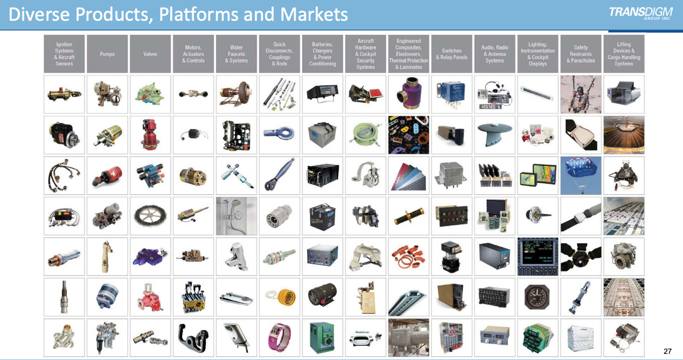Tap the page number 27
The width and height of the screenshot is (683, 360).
pos(667,351)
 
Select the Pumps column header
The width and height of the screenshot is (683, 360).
pos(107,54)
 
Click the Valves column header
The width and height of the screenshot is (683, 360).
pos(150,54)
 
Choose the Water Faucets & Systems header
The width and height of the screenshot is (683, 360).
pos(236,54)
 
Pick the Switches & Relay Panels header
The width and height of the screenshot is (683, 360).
pos(451,54)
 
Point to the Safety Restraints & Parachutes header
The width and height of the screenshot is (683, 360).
pos(581,54)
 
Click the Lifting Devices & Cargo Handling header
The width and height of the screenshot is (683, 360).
pos(624,54)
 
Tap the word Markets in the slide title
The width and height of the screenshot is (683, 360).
pos(314,14)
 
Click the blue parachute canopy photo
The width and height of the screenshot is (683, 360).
pos(581,175)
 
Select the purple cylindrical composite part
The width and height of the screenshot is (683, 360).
pos(408,94)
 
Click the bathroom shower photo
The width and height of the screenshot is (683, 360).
pos(236,216)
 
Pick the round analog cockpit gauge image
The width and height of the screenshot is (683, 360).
pos(537,297)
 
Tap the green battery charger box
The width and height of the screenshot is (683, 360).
pos(322,338)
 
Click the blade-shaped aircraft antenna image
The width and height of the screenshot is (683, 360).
pos(494,135)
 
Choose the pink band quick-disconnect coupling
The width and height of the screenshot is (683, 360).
pos(279,338)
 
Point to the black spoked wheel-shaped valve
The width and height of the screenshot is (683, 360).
pos(150,216)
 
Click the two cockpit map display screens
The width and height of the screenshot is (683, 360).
pos(537,175)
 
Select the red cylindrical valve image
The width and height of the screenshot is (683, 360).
pos(150,135)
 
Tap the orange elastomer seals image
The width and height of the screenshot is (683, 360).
pos(408,257)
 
